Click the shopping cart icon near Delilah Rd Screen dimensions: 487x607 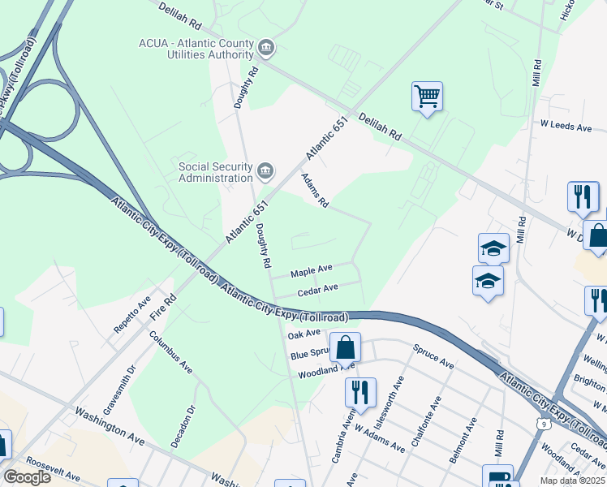point(427,97)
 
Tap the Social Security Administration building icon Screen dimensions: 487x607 point(265,171)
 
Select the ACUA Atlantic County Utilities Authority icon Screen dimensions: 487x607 point(265,49)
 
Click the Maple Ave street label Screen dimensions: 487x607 point(312,269)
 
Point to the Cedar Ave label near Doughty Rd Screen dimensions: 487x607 point(317,289)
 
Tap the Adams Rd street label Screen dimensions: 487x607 point(314,191)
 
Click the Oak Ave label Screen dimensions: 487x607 point(304,334)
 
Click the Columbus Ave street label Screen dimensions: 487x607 point(171,351)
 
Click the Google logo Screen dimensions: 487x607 point(27,477)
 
